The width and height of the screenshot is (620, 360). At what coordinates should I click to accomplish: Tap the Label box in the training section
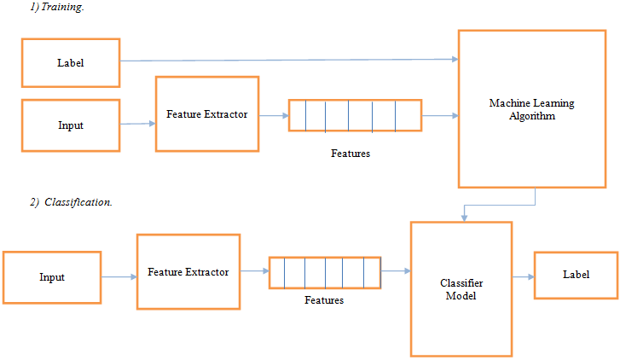pyautogui.click(x=70, y=63)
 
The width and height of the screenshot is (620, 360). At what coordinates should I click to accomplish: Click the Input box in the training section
pyautogui.click(x=70, y=125)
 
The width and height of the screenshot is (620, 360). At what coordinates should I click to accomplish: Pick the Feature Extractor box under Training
pyautogui.click(x=206, y=114)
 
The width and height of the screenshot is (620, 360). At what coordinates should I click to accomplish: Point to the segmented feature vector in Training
pyautogui.click(x=354, y=115)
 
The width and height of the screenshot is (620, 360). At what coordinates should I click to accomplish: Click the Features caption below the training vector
pyautogui.click(x=350, y=154)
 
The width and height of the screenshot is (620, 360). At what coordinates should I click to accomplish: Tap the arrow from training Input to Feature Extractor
pyautogui.click(x=137, y=124)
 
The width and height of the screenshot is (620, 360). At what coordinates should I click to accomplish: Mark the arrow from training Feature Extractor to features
pyautogui.click(x=273, y=115)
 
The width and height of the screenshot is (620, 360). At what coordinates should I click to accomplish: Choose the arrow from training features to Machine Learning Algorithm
pyautogui.click(x=439, y=115)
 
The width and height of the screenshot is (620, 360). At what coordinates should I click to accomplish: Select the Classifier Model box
pyautogui.click(x=461, y=288)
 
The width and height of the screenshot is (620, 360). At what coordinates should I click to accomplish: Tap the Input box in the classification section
pyautogui.click(x=51, y=277)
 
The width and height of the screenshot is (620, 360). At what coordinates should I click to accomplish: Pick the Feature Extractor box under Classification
pyautogui.click(x=188, y=273)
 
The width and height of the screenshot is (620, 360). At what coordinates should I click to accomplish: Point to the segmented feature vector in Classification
pyautogui.click(x=325, y=272)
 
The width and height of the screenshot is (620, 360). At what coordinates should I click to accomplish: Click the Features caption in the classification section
pyautogui.click(x=324, y=300)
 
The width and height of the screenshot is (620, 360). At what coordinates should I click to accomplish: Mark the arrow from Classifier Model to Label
pyautogui.click(x=522, y=276)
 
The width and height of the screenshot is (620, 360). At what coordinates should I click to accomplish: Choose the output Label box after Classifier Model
pyautogui.click(x=576, y=275)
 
